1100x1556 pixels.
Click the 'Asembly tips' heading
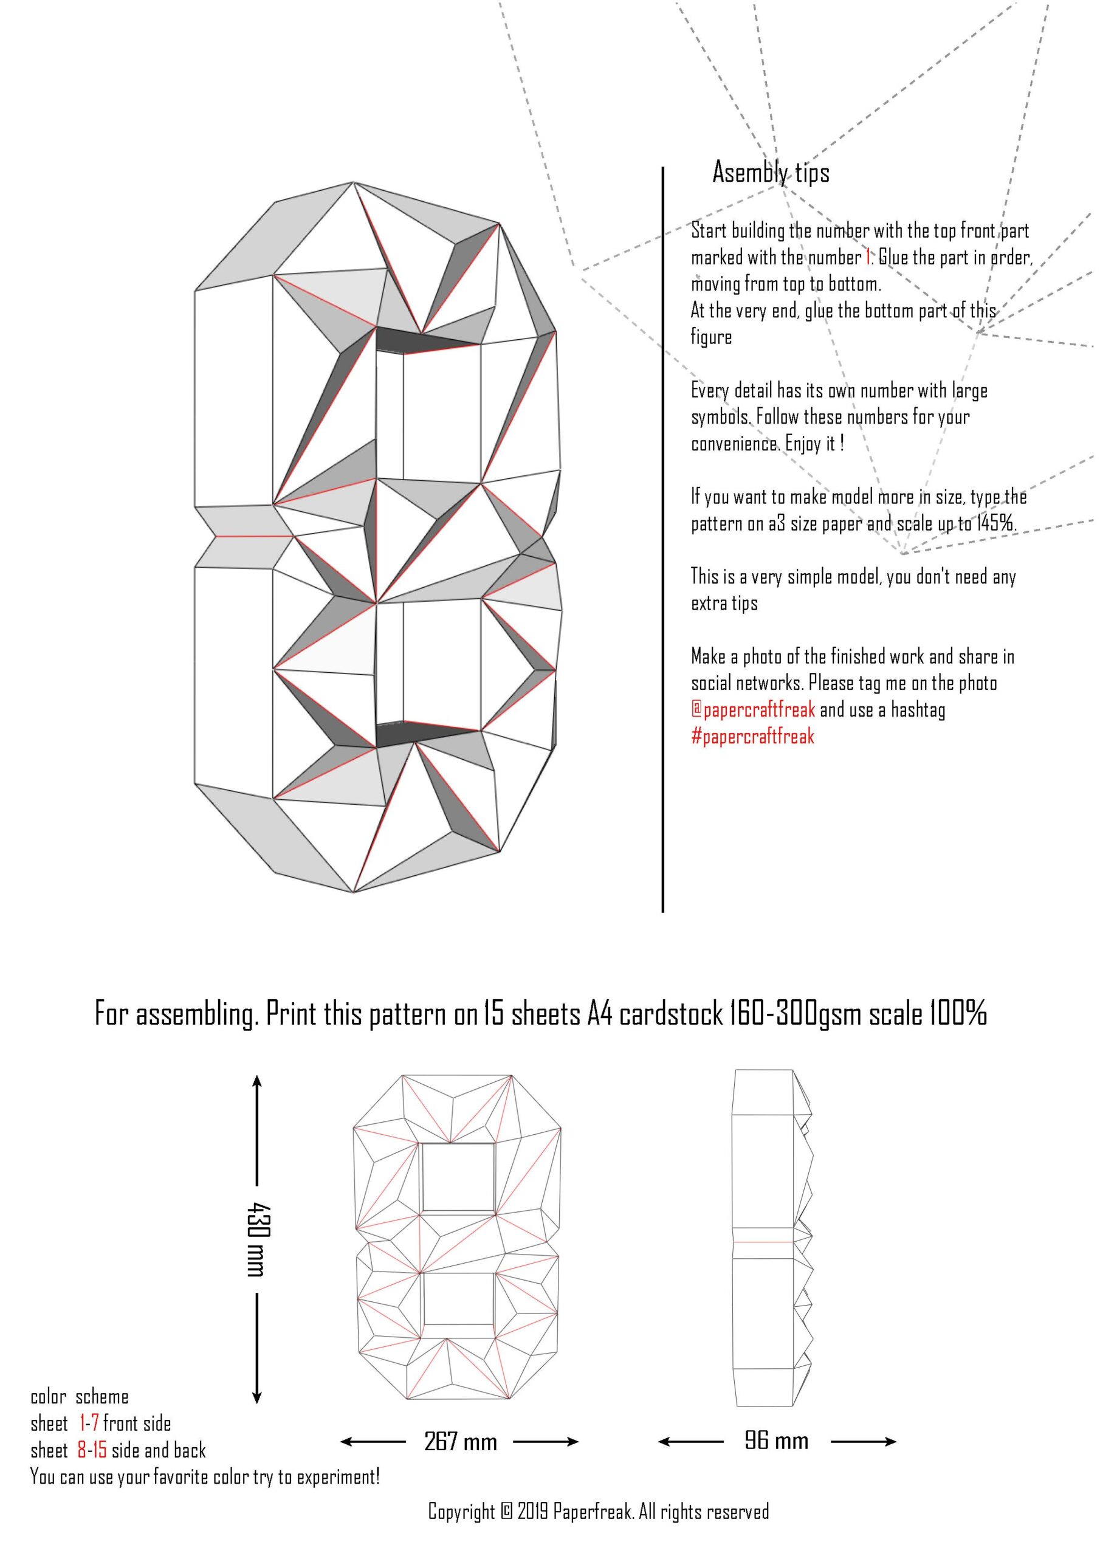tap(771, 173)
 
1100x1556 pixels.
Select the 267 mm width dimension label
tap(460, 1442)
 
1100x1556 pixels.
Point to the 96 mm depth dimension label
tap(776, 1440)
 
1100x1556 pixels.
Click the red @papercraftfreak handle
tap(753, 709)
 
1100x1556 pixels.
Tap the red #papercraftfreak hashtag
tap(752, 737)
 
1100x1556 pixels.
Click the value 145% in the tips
tap(995, 523)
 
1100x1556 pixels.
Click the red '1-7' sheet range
tap(89, 1423)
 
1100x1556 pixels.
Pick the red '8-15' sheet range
tap(92, 1450)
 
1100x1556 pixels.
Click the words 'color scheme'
tap(79, 1397)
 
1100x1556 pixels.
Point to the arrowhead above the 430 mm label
tap(257, 1080)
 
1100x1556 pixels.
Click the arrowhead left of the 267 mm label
tap(345, 1442)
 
